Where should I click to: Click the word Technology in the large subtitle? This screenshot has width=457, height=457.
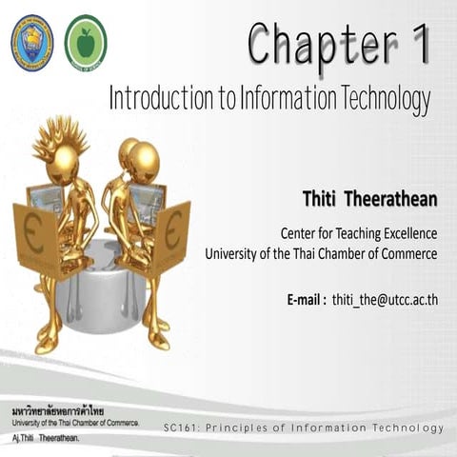pyautogui.click(x=379, y=98)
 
